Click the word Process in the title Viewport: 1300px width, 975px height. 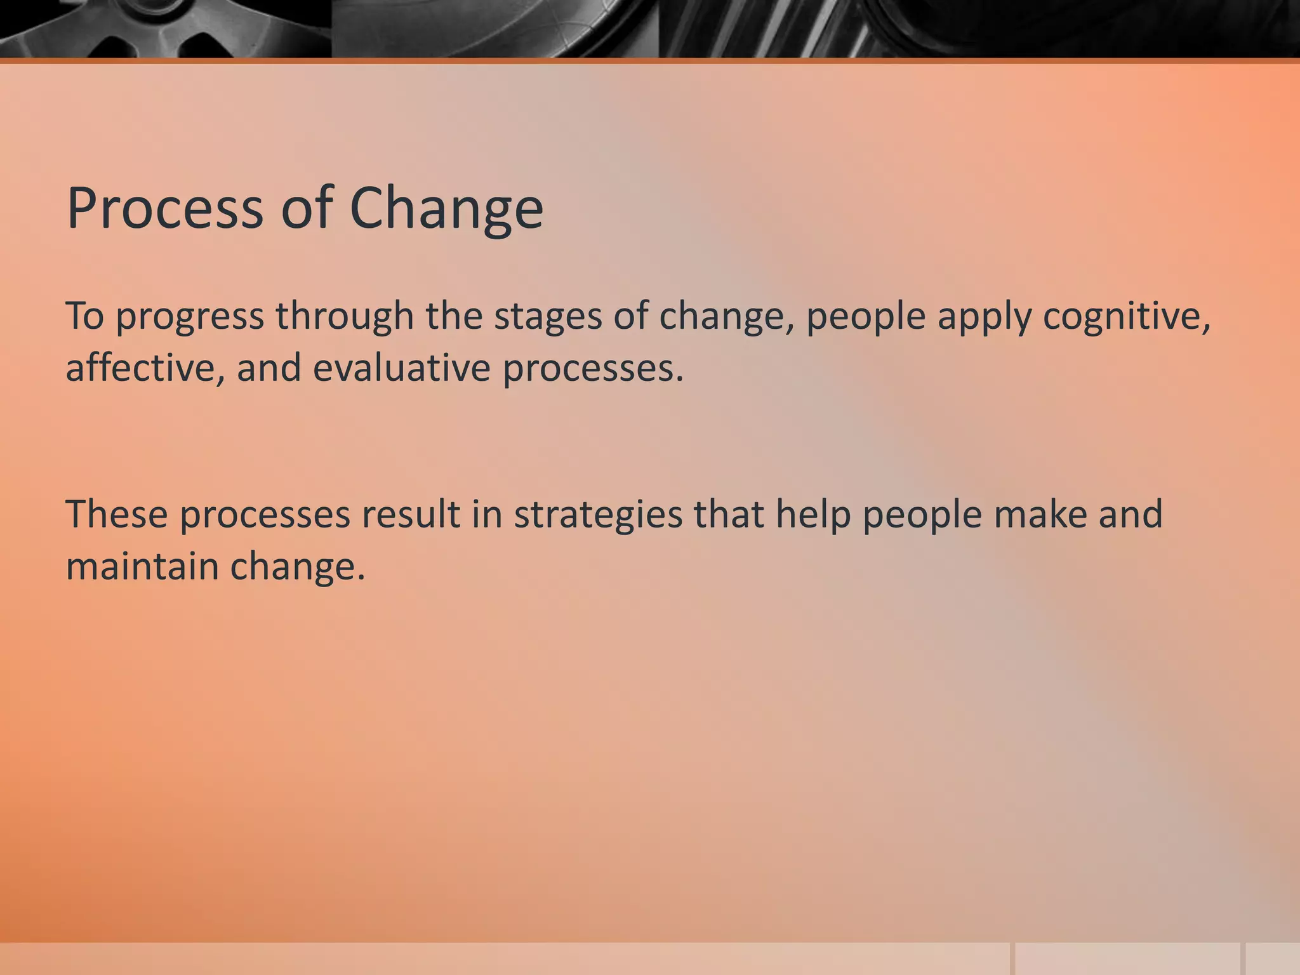coord(164,208)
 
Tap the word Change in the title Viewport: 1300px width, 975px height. coord(446,208)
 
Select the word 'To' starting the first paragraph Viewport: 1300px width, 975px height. coord(84,315)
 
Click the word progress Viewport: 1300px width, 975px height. coord(189,317)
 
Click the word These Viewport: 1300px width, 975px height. coord(117,514)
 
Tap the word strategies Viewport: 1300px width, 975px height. coord(598,515)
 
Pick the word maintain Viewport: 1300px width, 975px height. coord(142,566)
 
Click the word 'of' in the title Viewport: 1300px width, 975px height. coord(307,208)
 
